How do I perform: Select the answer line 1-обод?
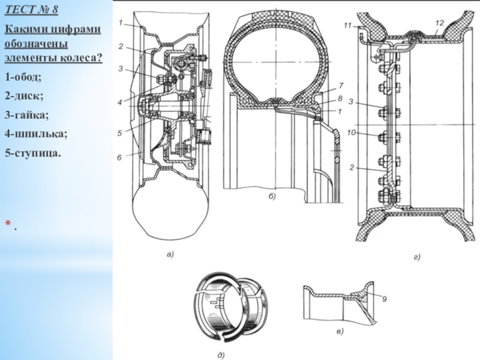23,77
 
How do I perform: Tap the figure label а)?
169,255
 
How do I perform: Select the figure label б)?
271,197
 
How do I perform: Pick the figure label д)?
220,355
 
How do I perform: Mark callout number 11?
347,26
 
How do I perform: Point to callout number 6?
119,158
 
